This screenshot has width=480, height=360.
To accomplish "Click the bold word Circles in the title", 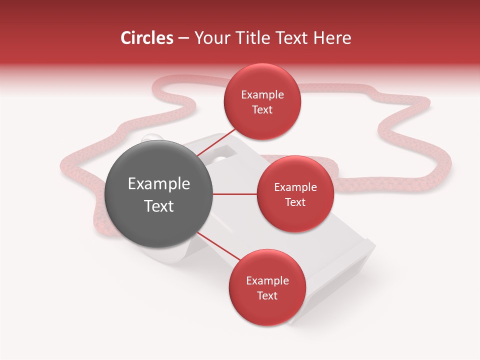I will point(146,38).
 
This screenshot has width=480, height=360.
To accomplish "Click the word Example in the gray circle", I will point(159,184).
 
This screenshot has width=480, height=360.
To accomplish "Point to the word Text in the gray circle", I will point(159,206).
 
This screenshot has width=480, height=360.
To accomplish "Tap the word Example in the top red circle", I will point(262,95).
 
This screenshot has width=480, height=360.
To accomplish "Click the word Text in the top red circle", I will point(262,110).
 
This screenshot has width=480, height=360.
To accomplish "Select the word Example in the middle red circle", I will point(295,187).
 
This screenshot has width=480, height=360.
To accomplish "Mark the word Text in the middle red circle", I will point(295,202).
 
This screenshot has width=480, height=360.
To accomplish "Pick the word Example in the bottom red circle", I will point(267,281).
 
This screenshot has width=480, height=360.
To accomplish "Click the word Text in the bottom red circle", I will point(267,296).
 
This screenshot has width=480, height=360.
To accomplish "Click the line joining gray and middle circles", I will point(235,194).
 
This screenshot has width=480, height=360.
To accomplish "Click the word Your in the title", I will point(210,38).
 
